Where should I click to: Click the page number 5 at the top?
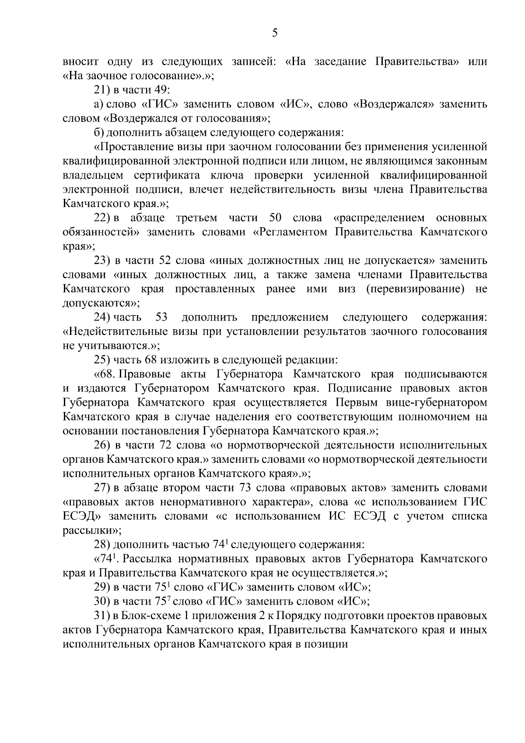tap(275, 33)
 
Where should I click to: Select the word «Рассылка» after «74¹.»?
tap(150, 559)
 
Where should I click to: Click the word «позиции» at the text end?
tap(330, 644)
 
